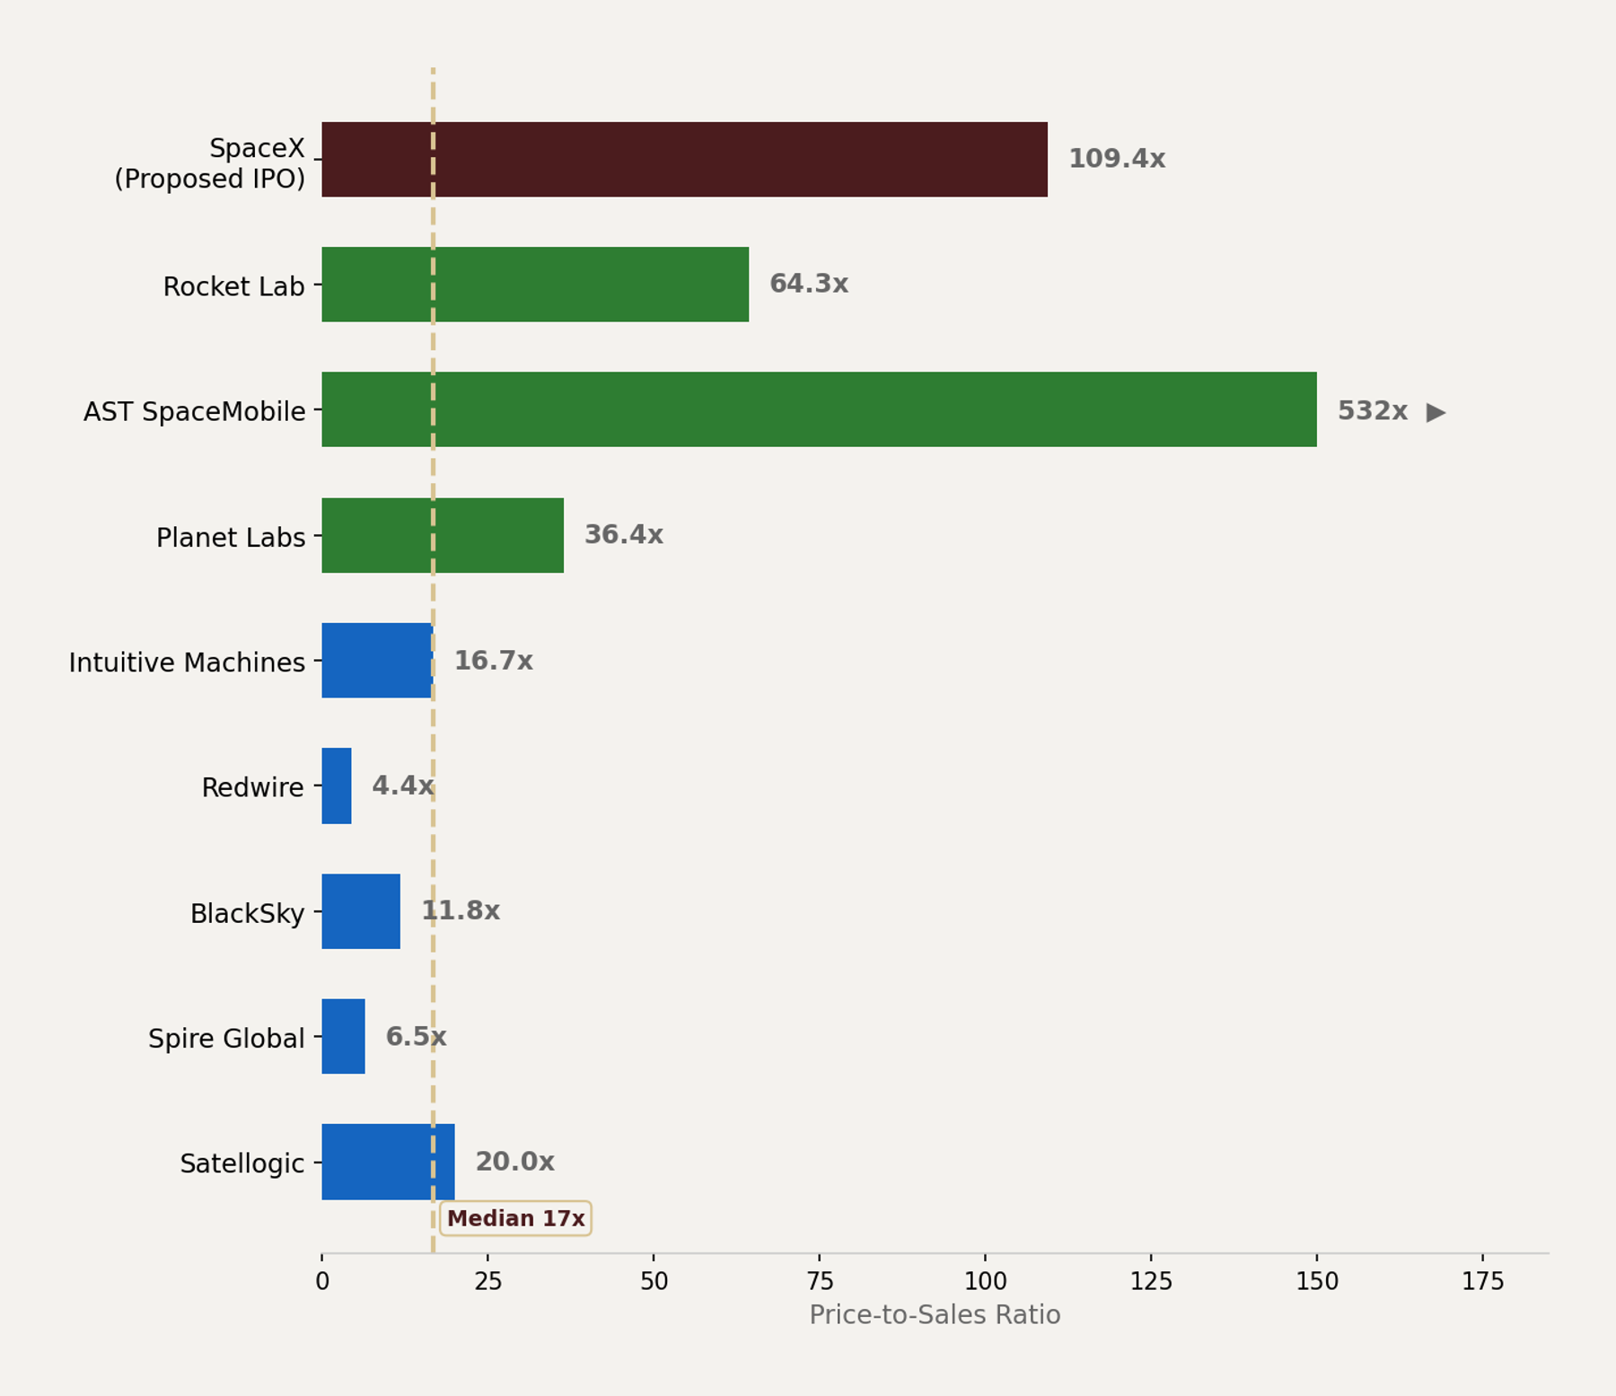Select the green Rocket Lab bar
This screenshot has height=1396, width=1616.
point(535,285)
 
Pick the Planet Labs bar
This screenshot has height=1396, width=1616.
point(443,535)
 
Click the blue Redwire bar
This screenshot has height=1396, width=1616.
point(337,786)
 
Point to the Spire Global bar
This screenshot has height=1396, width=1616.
point(343,1036)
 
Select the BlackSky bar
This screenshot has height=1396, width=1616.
point(361,911)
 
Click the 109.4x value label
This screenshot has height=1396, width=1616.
point(1116,159)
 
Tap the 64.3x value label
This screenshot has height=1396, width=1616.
point(808,284)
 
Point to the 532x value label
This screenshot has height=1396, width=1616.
point(1372,411)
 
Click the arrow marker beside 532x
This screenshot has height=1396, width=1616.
point(1436,412)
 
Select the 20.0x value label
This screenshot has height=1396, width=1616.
point(514,1162)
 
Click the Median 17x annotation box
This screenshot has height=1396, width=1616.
point(515,1218)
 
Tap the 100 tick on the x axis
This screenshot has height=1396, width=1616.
point(985,1281)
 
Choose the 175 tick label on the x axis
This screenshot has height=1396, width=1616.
point(1482,1281)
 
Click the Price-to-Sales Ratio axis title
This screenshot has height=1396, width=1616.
point(935,1315)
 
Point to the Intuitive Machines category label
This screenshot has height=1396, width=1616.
point(187,663)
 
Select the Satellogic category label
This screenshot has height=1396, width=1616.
point(242,1163)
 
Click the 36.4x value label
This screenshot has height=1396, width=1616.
point(623,535)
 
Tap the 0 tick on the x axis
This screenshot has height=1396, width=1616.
point(322,1281)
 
